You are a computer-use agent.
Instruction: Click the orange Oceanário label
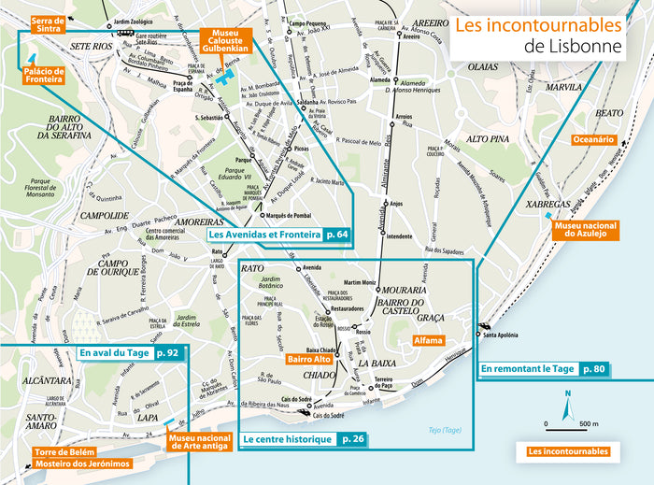point(592,139)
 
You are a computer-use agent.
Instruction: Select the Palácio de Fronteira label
point(44,75)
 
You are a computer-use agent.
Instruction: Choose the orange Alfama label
point(428,342)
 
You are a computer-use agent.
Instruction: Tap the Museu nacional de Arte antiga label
point(199,442)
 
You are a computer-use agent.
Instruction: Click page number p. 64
point(337,234)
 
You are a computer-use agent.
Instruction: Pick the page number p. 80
point(594,369)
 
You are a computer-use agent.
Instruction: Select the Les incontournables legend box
point(567,451)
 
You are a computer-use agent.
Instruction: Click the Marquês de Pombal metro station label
point(287,214)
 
